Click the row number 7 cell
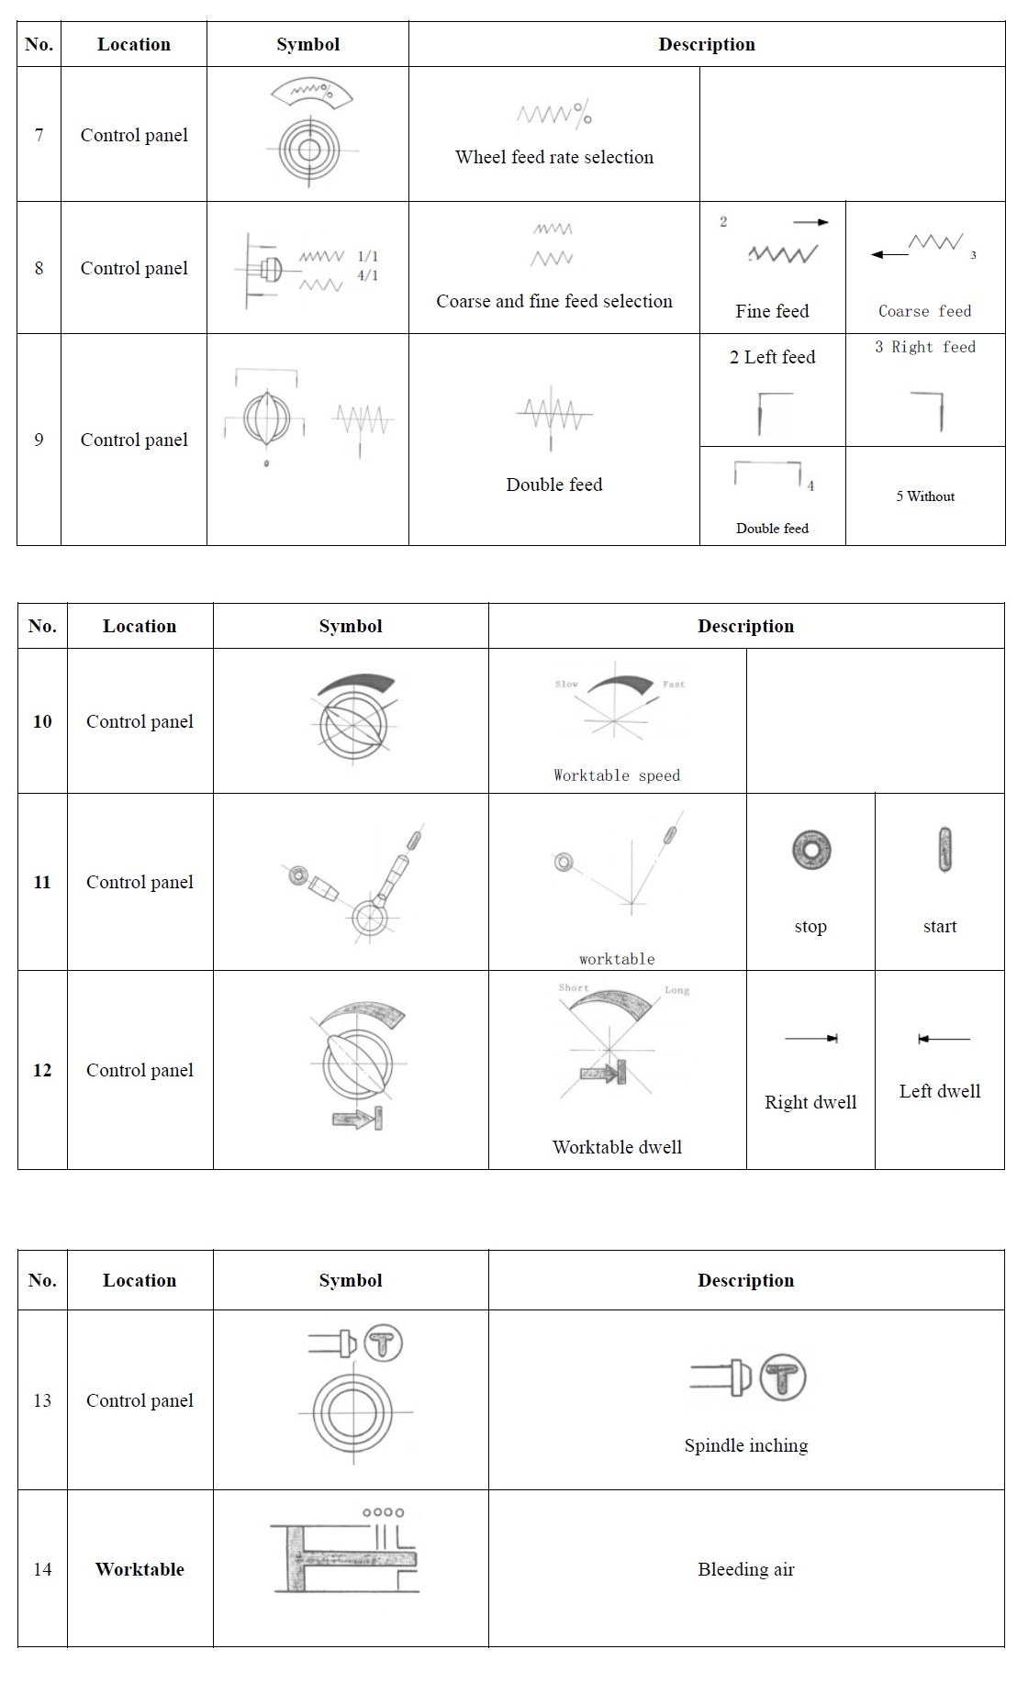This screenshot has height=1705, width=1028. (39, 135)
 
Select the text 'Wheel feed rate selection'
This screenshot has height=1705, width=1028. (554, 157)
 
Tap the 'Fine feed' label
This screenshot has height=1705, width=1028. (772, 311)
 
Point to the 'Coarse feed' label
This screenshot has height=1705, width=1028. (924, 311)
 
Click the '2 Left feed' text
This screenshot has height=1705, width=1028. (772, 357)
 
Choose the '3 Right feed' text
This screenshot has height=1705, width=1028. (924, 347)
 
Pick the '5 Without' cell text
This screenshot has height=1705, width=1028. (925, 496)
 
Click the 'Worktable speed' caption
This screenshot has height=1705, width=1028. (617, 775)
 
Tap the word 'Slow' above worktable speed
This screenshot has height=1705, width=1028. (566, 684)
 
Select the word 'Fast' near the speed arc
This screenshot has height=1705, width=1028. (674, 684)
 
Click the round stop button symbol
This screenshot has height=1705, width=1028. (811, 850)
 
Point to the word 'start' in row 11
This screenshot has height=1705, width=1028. (940, 927)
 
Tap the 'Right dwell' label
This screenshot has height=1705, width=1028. (810, 1102)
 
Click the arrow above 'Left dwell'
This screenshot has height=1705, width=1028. (944, 1039)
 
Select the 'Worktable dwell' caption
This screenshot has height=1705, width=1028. (617, 1147)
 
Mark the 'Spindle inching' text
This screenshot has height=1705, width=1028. (746, 1445)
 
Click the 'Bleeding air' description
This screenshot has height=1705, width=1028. (746, 1569)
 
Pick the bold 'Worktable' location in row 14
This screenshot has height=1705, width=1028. (140, 1569)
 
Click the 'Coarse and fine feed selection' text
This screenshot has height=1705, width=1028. (554, 301)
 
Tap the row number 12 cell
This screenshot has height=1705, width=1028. (42, 1070)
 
